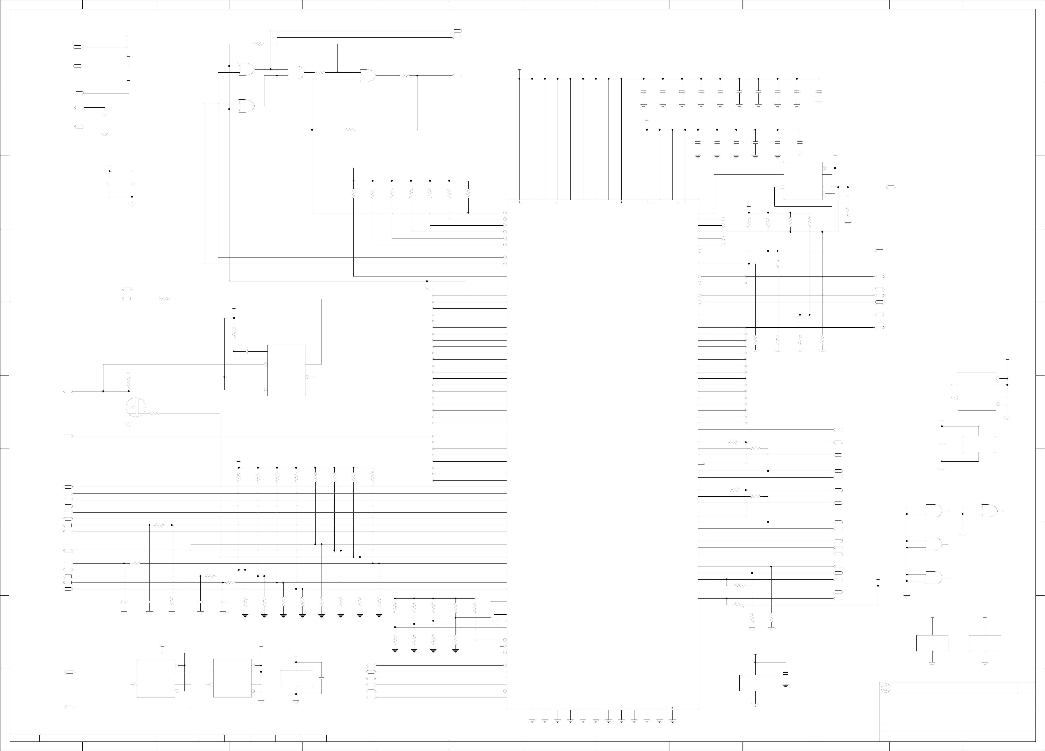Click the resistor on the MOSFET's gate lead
click(155, 414)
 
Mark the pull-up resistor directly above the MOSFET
click(129, 381)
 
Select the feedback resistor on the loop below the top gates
click(350, 130)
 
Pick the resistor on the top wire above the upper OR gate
click(258, 44)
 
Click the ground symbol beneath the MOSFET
click(129, 424)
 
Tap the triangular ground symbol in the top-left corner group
click(105, 135)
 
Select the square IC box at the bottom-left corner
click(156, 678)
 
